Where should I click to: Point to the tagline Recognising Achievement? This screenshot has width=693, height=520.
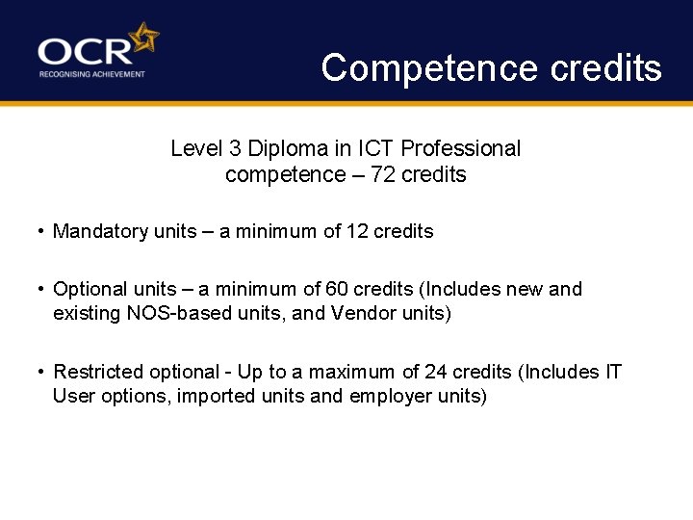click(x=92, y=74)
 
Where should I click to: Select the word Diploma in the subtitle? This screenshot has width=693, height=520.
click(x=282, y=149)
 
